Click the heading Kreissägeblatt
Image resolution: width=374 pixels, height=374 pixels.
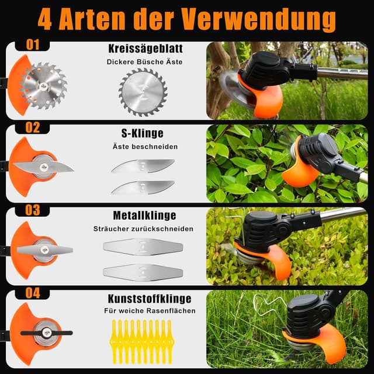(143, 49)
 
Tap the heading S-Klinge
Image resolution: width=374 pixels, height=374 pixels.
(143, 134)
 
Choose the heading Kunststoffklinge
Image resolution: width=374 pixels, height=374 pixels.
(143, 298)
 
